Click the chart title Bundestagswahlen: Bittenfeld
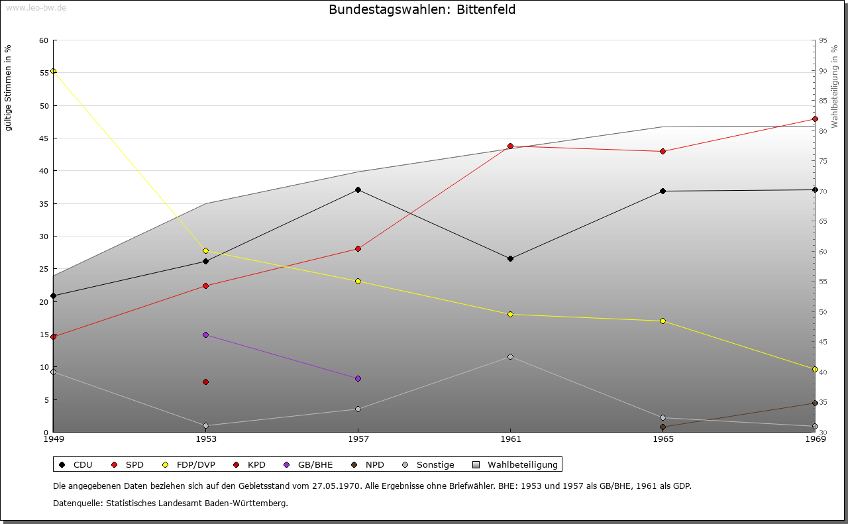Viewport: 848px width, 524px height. point(422,10)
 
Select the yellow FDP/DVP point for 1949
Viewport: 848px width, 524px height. point(54,72)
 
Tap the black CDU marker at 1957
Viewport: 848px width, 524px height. point(358,190)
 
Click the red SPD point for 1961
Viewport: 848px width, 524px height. point(510,146)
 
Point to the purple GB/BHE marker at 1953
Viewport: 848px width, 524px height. point(205,335)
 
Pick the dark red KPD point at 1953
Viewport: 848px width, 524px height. point(205,382)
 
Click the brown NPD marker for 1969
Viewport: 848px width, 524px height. point(815,403)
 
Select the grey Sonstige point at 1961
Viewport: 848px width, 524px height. point(510,357)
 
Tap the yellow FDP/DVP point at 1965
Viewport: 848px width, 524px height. point(662,321)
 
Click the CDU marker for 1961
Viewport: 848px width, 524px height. point(510,259)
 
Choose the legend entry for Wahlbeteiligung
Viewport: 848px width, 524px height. point(517,465)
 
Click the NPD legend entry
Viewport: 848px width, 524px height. point(367,465)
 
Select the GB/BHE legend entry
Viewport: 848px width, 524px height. point(310,465)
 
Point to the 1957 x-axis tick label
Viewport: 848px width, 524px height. point(358,439)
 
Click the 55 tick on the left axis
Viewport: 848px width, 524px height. point(44,73)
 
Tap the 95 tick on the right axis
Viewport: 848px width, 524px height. point(823,40)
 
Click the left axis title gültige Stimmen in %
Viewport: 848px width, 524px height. point(9,87)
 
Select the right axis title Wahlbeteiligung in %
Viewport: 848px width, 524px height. point(835,86)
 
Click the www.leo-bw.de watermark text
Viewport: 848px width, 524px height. point(36,8)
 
